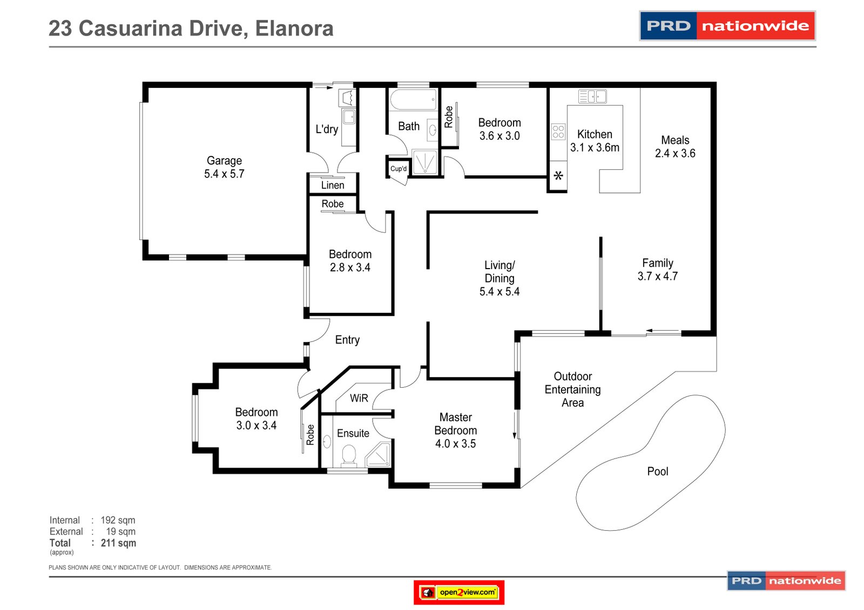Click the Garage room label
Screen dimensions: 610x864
pyautogui.click(x=224, y=161)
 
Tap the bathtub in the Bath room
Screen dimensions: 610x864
pyautogui.click(x=413, y=100)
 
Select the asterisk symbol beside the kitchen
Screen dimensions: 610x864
pyautogui.click(x=558, y=176)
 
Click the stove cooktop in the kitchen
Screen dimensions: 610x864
pyautogui.click(x=558, y=132)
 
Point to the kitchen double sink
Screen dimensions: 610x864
pyautogui.click(x=592, y=97)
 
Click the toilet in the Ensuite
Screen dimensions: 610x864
pyautogui.click(x=349, y=455)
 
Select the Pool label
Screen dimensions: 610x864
pyautogui.click(x=657, y=471)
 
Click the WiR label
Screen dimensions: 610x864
pyautogui.click(x=359, y=398)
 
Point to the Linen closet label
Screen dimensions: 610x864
pyautogui.click(x=333, y=186)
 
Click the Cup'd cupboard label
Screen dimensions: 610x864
pyautogui.click(x=399, y=169)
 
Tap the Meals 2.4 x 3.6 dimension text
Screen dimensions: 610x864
pyautogui.click(x=675, y=153)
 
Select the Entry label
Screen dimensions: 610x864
pyautogui.click(x=347, y=340)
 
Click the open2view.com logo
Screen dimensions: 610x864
pyautogui.click(x=459, y=592)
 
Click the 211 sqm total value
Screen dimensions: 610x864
pyautogui.click(x=118, y=543)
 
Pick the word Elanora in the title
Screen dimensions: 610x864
pyautogui.click(x=294, y=29)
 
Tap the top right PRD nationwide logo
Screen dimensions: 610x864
pyautogui.click(x=727, y=26)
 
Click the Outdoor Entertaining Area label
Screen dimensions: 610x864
pyautogui.click(x=572, y=389)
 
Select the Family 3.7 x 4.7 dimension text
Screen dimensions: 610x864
pyautogui.click(x=657, y=276)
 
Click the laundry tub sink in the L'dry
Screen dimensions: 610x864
pyautogui.click(x=349, y=116)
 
